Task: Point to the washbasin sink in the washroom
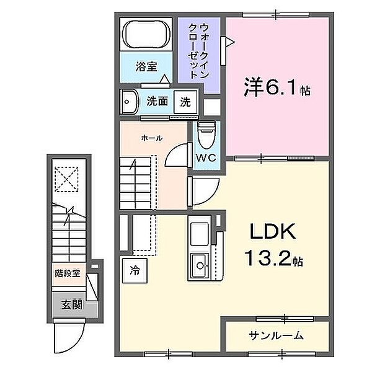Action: coord(130,101)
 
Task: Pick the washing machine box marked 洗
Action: coord(185,101)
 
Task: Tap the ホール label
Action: coord(151,138)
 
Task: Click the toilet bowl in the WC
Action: coord(206,132)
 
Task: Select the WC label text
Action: coord(206,157)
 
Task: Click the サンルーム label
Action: coord(277,335)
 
